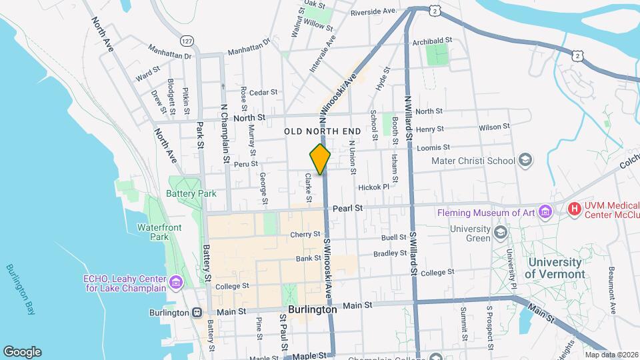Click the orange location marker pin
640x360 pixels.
pos(321,159)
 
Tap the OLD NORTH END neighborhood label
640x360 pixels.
pos(323,131)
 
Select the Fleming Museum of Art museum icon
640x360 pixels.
pos(547,213)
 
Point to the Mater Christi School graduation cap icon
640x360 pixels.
pos(525,160)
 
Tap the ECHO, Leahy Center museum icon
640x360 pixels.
pos(175,283)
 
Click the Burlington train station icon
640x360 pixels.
pos(197,312)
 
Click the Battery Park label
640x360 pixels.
pos(193,194)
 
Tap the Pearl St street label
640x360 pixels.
pos(348,208)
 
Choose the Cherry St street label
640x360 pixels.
pos(306,235)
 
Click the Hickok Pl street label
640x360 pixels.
pos(373,187)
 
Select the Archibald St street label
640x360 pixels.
pos(433,41)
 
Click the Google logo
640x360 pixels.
pos(22,351)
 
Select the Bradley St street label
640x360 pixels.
pos(390,253)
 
